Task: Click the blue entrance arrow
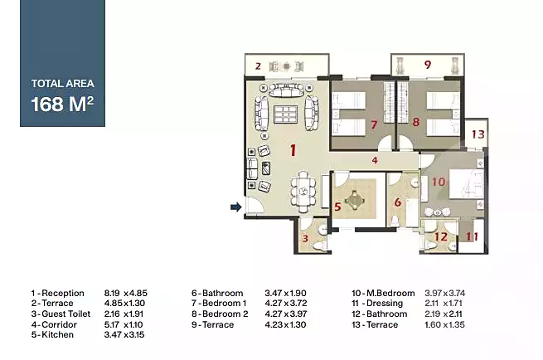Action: (x=235, y=207)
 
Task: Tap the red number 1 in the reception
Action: (x=293, y=150)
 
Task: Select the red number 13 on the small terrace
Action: (x=478, y=134)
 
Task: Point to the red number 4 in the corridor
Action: (x=375, y=160)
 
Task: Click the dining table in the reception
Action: (x=303, y=192)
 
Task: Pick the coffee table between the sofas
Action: (x=286, y=114)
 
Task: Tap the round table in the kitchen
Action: (x=355, y=200)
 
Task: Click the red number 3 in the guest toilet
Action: (x=305, y=238)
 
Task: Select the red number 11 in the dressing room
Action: (x=472, y=236)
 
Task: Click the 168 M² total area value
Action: (x=62, y=104)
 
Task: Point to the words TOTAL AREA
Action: (x=63, y=84)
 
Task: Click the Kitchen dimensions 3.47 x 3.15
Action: (x=124, y=335)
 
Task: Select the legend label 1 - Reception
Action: (x=57, y=293)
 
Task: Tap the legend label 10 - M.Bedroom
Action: (x=383, y=293)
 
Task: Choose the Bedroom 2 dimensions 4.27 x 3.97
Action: (x=286, y=314)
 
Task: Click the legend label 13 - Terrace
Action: (x=375, y=324)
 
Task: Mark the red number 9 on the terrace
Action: (x=427, y=65)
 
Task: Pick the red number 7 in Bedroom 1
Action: (x=374, y=124)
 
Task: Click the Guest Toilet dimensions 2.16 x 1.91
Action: (x=124, y=314)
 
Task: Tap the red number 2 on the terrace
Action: (x=258, y=66)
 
